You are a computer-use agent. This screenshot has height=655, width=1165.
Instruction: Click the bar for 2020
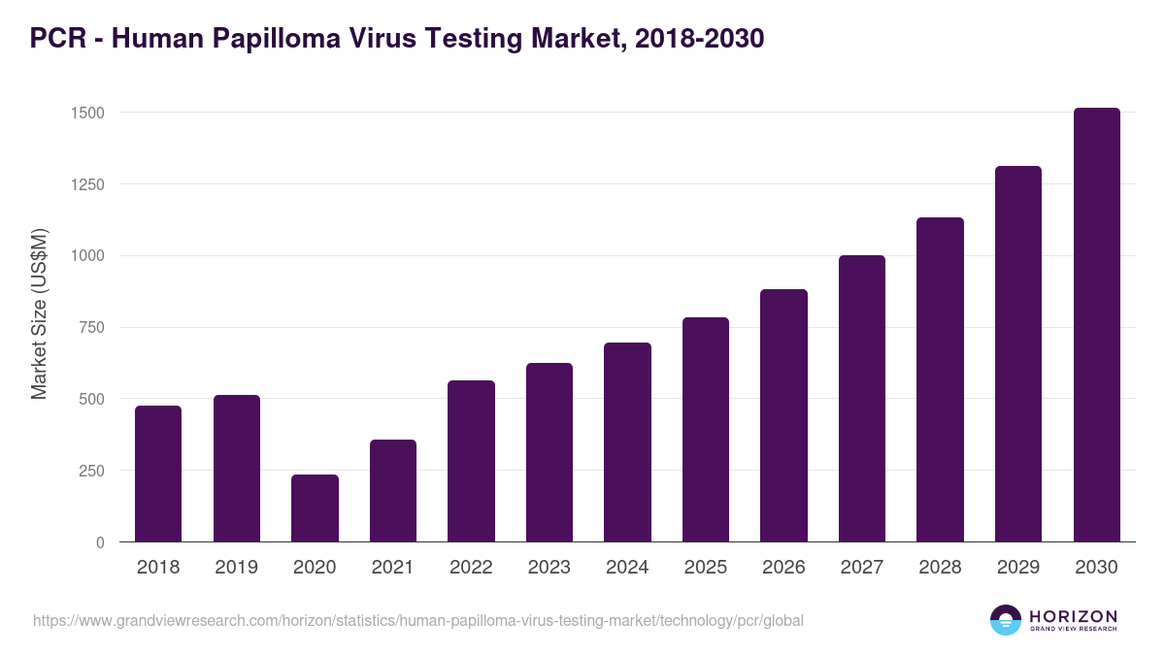[315, 508]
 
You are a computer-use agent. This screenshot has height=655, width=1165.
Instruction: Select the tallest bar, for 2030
[1096, 325]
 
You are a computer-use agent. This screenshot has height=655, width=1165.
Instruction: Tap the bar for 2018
[158, 474]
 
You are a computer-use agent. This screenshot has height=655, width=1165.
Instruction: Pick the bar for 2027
[862, 399]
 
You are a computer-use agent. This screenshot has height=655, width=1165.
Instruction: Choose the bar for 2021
[393, 490]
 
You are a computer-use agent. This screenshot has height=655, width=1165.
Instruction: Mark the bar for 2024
[627, 442]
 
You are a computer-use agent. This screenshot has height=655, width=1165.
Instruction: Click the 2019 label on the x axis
[236, 568]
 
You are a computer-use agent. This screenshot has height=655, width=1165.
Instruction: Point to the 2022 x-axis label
[471, 568]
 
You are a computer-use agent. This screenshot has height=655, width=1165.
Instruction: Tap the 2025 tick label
[706, 568]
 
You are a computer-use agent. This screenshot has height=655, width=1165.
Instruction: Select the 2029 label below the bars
[1018, 568]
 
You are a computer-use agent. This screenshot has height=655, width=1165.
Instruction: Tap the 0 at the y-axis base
[100, 542]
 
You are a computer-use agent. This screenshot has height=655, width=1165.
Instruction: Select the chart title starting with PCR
[397, 38]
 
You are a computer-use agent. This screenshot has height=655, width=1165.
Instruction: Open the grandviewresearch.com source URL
[418, 620]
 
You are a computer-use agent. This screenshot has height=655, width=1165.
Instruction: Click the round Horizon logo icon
[1006, 620]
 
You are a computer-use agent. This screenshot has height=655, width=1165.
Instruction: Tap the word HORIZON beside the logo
[1074, 616]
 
